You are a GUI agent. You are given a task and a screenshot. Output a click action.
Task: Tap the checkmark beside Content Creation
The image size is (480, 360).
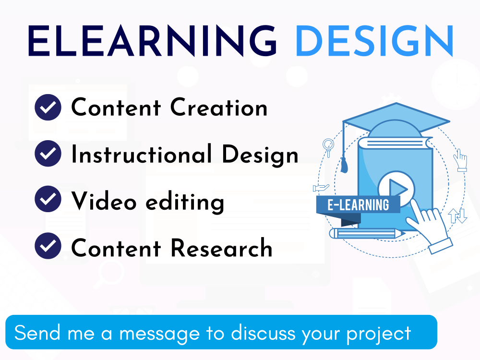[48, 108]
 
